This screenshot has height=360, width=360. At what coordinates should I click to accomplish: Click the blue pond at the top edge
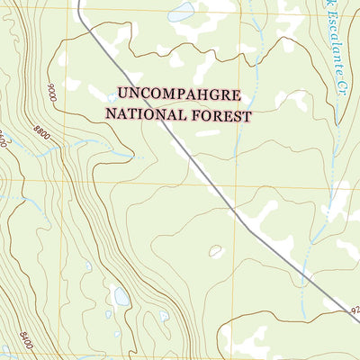(x=182, y=11)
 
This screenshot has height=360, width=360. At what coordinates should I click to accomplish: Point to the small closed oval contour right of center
(x=216, y=252)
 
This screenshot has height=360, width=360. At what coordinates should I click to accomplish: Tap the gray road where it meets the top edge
(x=77, y=3)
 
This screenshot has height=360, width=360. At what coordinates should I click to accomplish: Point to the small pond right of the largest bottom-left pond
(x=164, y=316)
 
